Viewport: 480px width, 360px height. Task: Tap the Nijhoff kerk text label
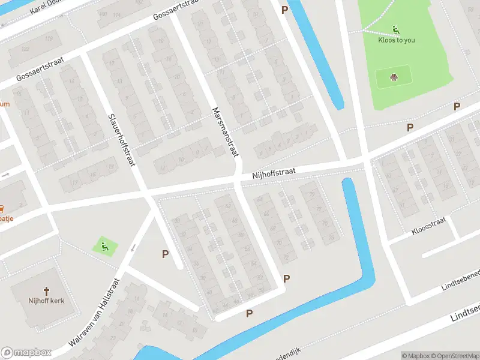46,301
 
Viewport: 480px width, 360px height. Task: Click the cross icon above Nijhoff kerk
46,289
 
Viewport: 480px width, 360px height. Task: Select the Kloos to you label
396,40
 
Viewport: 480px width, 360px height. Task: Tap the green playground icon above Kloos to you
396,29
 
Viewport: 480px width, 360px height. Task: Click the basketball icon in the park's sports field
394,77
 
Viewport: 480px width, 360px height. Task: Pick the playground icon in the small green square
104,245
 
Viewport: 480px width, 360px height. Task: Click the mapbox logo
26,353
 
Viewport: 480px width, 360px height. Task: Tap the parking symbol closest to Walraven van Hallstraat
165,254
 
